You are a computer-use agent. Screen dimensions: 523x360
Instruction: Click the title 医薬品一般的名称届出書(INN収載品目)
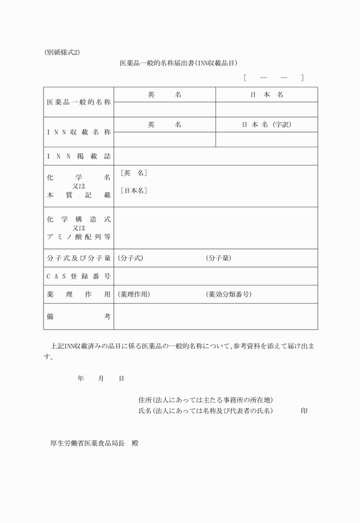coord(178,63)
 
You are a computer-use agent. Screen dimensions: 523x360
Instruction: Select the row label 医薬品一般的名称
coord(78,102)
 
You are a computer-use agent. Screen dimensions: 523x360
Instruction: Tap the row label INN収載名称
coord(78,132)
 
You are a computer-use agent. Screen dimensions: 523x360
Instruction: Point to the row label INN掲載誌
coord(78,156)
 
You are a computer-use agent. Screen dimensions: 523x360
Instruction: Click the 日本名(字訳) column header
coord(266,124)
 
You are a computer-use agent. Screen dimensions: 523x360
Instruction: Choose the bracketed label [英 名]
coord(134,173)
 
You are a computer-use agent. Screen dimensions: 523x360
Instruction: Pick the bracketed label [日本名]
coord(134,191)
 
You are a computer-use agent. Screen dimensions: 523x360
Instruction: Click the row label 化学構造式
coord(78,219)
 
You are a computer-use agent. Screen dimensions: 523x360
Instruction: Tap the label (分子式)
coord(130,259)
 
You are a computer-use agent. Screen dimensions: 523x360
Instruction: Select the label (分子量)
coord(218,259)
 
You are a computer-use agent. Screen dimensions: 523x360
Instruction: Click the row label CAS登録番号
coord(78,276)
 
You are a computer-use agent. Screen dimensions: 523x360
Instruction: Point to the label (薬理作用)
coord(134,295)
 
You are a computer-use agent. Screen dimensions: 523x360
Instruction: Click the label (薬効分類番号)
coord(229,295)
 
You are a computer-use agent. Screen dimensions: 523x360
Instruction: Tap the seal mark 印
coord(305,411)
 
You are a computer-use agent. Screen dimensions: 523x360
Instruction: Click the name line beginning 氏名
coord(206,411)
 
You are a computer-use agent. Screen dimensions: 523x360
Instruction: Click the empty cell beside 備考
coord(215,316)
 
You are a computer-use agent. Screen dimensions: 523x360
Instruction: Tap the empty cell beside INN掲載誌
coord(215,156)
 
